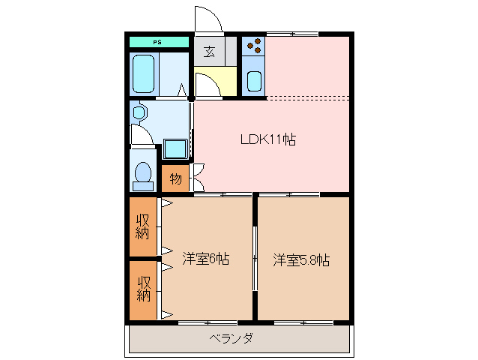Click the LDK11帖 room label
pyautogui.click(x=267, y=139)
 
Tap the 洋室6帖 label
pyautogui.click(x=205, y=259)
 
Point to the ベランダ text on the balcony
pyautogui.click(x=230, y=338)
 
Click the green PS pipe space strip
pyautogui.click(x=158, y=43)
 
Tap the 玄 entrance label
pyautogui.click(x=209, y=52)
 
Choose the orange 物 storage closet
pyautogui.click(x=175, y=178)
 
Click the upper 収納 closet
pyautogui.click(x=142, y=226)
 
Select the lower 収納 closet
pyautogui.click(x=142, y=289)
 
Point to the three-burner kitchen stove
pyautogui.click(x=253, y=47)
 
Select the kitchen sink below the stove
pyautogui.click(x=253, y=80)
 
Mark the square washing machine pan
pyautogui.click(x=175, y=148)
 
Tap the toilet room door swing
pyautogui.click(x=141, y=135)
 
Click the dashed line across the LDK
pyautogui.click(x=307, y=98)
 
